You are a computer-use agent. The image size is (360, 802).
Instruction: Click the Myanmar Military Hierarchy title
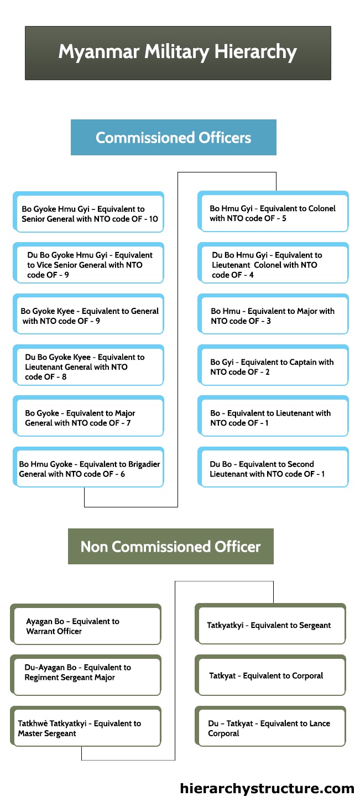178,53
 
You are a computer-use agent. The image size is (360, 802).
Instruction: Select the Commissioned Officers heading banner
174,137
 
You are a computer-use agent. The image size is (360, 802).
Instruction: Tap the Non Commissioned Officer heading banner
170,546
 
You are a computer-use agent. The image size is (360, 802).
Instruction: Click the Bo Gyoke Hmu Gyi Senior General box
88,212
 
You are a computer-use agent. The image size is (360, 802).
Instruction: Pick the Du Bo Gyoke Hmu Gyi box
88,263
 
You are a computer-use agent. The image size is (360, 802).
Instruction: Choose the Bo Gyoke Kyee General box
88,314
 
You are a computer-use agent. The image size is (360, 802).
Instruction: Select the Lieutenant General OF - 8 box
88,365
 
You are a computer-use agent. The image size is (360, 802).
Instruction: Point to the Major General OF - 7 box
88,416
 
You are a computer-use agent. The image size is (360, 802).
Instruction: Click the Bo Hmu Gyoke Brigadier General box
88,467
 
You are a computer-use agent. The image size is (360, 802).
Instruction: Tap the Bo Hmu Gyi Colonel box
273,212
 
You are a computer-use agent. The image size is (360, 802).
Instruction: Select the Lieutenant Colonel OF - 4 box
273,263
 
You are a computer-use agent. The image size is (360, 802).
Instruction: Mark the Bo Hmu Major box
273,314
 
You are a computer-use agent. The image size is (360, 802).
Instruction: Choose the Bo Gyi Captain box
273,365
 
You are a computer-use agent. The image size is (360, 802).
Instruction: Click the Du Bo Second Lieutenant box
273,467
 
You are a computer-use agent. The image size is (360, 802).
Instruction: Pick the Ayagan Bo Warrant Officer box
86,625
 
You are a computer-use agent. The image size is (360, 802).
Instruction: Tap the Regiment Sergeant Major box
86,675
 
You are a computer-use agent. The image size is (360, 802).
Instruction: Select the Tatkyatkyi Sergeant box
270,624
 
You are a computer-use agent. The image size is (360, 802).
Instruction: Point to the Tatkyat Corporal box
270,675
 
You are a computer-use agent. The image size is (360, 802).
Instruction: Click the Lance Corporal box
270,726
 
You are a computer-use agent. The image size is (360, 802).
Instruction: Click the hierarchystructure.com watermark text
267,788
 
